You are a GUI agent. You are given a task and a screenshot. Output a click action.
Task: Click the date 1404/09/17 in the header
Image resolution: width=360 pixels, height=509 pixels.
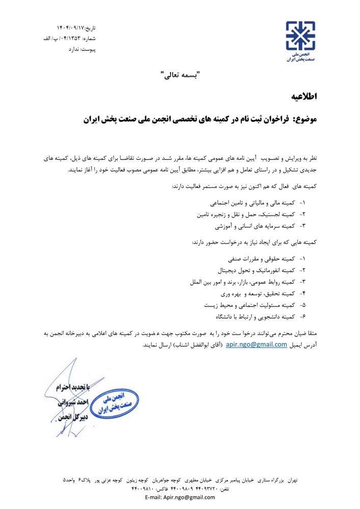(68, 26)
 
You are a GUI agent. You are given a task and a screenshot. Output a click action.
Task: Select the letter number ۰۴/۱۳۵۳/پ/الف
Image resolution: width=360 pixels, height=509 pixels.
(63, 38)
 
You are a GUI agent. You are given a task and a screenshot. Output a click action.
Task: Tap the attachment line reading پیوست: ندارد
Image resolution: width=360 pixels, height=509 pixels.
(81, 50)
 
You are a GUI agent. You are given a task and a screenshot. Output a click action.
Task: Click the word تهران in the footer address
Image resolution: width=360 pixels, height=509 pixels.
(291, 480)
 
